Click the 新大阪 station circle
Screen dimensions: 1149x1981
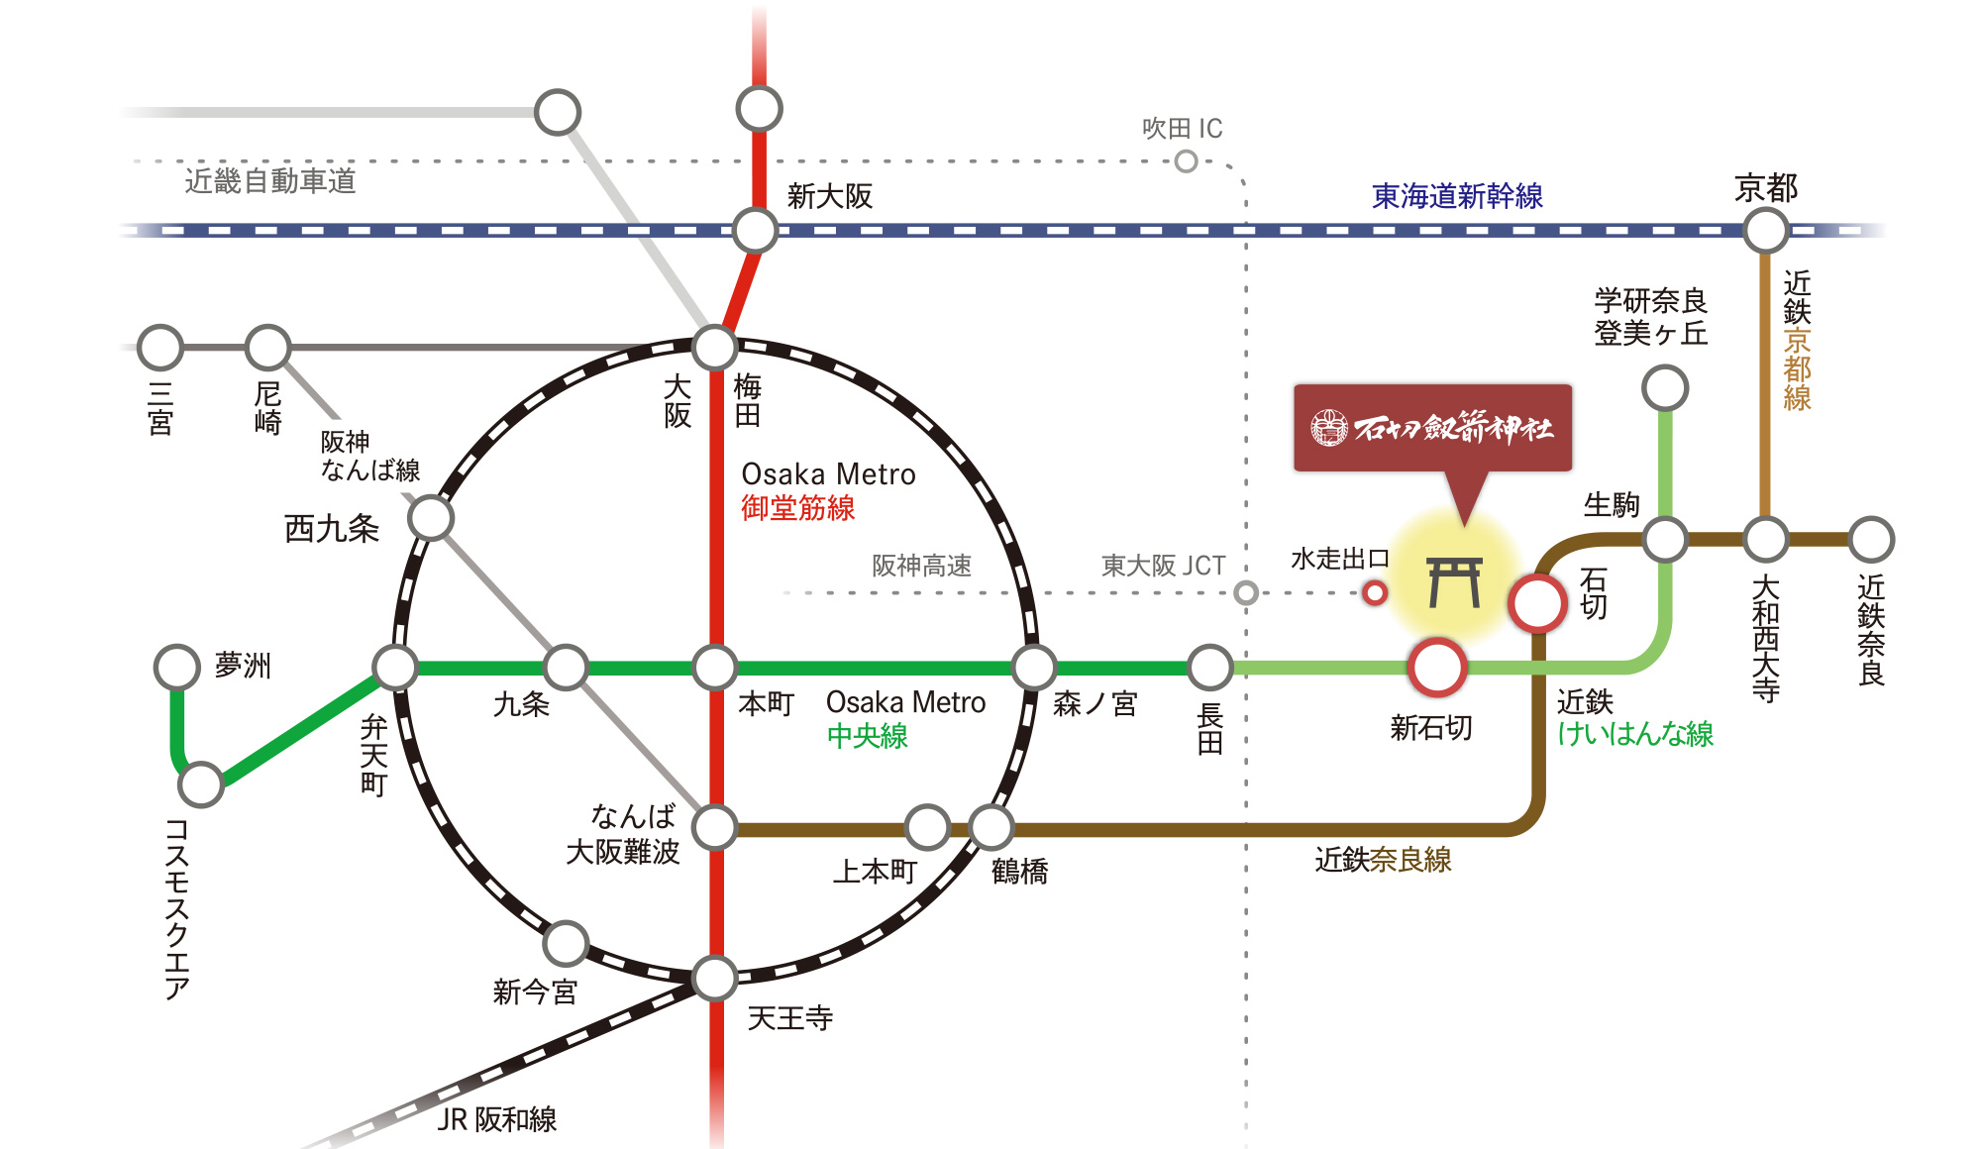755,231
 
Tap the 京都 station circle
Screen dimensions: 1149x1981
1765,231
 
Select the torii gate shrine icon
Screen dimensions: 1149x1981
1454,582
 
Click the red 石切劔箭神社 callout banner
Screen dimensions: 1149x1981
1432,428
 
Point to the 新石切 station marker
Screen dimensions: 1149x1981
1436,667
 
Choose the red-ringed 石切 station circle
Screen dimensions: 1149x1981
1537,602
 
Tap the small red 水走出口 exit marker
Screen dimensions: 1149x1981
1374,593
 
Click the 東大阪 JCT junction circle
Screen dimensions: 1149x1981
1246,593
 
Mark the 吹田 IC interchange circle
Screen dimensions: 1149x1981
1186,161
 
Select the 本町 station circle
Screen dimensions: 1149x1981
714,668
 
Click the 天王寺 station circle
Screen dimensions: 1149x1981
714,978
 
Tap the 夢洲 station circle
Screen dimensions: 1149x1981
177,667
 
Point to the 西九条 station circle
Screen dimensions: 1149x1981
431,518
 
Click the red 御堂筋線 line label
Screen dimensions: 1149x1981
797,508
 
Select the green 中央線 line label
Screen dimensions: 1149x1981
867,736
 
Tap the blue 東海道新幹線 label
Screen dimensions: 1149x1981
1457,196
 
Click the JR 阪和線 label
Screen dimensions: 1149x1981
497,1119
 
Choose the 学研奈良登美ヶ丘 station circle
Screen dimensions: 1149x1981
1665,387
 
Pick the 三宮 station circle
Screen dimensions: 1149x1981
160,348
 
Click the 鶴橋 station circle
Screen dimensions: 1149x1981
991,827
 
